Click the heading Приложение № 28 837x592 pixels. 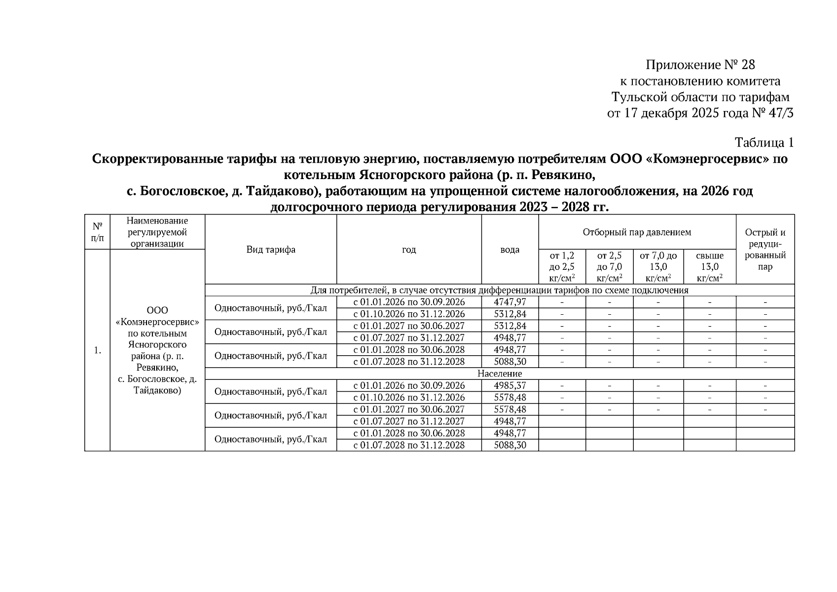point(700,65)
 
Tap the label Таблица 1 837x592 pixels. point(764,143)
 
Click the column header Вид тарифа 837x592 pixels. point(271,250)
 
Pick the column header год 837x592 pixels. point(409,250)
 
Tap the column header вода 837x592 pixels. point(509,250)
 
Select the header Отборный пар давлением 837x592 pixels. point(637,232)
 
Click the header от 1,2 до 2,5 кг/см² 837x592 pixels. point(562,267)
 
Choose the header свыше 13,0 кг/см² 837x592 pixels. point(709,267)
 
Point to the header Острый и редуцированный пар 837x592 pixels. point(765,250)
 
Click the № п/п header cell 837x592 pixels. point(97,232)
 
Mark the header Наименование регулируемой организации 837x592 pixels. point(157,232)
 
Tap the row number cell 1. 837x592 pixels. point(97,350)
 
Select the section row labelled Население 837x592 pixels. point(499,374)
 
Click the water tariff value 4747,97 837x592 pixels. point(509,302)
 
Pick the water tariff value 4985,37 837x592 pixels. point(509,386)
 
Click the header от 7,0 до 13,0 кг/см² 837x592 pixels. point(658,267)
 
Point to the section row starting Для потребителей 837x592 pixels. point(499,290)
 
